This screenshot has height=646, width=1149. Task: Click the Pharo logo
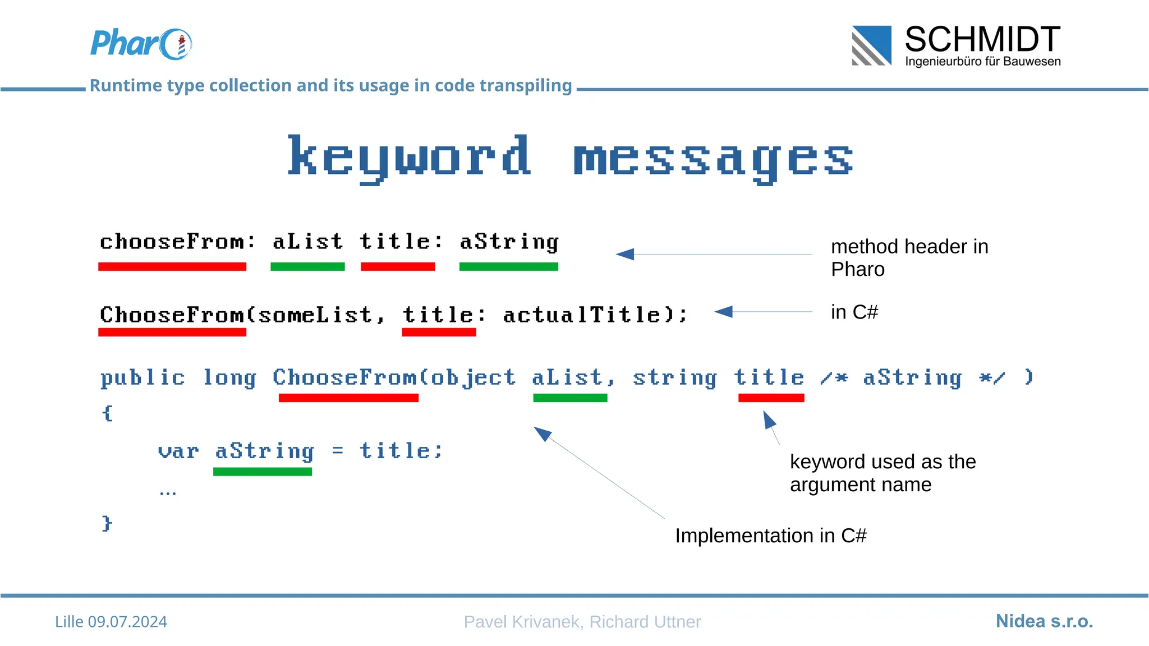141,44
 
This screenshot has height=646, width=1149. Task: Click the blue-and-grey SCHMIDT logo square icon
871,45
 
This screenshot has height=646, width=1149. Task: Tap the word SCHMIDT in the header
982,40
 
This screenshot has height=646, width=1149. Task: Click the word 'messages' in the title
713,159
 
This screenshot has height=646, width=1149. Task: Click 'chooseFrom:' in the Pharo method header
177,242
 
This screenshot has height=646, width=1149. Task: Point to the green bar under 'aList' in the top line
307,267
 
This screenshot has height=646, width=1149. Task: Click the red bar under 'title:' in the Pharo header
398,267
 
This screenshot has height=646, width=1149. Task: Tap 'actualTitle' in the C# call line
582,315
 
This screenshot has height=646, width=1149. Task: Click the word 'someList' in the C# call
315,315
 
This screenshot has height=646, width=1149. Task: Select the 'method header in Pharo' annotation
909,258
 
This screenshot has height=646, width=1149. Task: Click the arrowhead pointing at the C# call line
724,312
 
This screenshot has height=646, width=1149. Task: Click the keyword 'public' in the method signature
143,378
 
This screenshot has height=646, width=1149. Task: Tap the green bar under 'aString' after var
263,472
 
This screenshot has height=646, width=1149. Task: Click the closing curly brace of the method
107,523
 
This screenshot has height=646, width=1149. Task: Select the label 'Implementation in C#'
770,536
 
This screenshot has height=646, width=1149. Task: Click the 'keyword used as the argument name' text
883,473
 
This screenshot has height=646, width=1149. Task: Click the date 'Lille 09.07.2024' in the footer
111,622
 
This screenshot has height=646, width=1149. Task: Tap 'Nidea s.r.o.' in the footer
1044,621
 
